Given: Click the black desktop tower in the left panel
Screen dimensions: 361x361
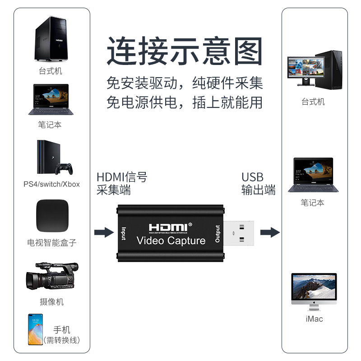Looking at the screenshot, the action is (51, 38).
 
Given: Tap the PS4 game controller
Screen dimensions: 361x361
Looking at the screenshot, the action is (64, 169).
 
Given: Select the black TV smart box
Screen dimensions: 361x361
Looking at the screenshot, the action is (52, 216).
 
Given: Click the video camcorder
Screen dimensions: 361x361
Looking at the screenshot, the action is (52, 276).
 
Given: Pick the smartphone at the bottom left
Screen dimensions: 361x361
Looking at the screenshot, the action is (36, 329).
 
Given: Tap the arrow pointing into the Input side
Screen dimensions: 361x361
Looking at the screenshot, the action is (104, 232).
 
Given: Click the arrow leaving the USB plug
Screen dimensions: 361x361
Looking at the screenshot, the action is (270, 232).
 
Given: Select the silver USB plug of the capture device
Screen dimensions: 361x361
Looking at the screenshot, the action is (239, 233).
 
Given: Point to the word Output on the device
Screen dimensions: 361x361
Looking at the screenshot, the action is (218, 234).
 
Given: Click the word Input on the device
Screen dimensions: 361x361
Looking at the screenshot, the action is (124, 234).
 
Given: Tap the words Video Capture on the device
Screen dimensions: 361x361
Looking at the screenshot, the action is (171, 241).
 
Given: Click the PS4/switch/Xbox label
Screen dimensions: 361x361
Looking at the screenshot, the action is (51, 184).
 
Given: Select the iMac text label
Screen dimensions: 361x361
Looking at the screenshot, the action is (314, 319).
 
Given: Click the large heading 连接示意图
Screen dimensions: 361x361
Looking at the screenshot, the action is (185, 51).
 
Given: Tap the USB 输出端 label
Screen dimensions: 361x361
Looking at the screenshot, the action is (258, 184).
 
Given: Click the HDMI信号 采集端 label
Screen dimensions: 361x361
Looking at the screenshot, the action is (122, 184).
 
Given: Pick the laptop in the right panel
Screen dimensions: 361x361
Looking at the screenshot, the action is (313, 175).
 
